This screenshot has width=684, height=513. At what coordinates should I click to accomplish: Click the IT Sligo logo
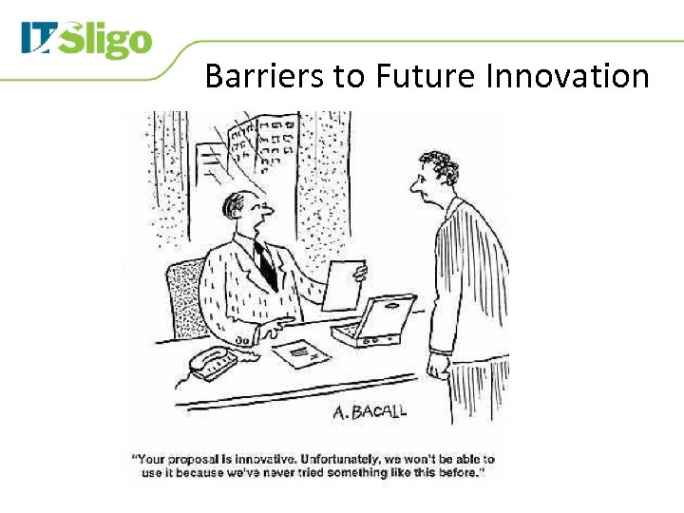pos(85,41)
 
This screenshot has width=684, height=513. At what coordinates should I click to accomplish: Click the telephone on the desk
pos(213,361)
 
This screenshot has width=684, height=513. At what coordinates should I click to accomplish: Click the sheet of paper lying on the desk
pos(301,353)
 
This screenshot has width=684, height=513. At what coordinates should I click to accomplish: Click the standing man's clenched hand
pos(438,365)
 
